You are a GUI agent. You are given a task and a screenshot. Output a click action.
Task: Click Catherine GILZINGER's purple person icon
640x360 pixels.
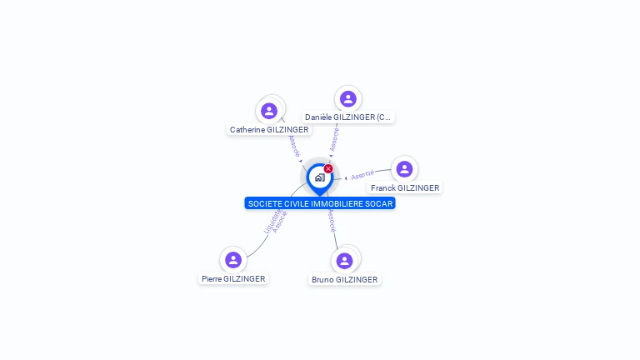click(x=268, y=110)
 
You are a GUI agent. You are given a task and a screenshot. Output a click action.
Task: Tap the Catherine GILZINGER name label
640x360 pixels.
click(x=269, y=130)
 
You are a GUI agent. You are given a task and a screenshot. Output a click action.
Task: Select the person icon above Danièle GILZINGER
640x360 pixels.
click(x=348, y=98)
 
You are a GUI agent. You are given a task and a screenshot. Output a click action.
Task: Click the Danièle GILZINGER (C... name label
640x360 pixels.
click(x=347, y=117)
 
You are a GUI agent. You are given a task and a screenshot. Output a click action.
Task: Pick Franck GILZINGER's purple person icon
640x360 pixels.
click(x=404, y=169)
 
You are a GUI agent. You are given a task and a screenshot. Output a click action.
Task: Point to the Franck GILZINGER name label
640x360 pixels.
click(x=405, y=188)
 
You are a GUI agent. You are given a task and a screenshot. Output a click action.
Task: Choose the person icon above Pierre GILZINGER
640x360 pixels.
click(x=233, y=259)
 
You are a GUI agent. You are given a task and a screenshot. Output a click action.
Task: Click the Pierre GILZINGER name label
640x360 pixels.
click(x=233, y=279)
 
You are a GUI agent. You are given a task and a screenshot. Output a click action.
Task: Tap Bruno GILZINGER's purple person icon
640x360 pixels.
click(x=344, y=260)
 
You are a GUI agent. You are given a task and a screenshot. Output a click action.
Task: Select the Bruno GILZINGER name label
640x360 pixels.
click(x=344, y=280)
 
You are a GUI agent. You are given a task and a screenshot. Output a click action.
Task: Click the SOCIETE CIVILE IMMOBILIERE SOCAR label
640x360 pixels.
click(x=319, y=203)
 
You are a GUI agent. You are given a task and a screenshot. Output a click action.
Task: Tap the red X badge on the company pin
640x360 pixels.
click(x=328, y=168)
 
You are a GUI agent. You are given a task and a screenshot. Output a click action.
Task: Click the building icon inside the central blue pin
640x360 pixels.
click(x=319, y=177)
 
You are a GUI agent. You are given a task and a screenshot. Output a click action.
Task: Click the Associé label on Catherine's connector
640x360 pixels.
click(x=292, y=145)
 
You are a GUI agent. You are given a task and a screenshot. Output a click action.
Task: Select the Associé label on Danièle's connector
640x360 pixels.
click(x=335, y=139)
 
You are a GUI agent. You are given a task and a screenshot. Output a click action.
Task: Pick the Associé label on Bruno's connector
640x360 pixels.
click(x=332, y=221)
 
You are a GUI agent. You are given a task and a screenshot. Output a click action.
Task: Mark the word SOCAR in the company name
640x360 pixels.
click(x=378, y=203)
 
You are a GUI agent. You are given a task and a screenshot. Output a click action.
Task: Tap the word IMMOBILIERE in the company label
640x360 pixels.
click(x=337, y=203)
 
